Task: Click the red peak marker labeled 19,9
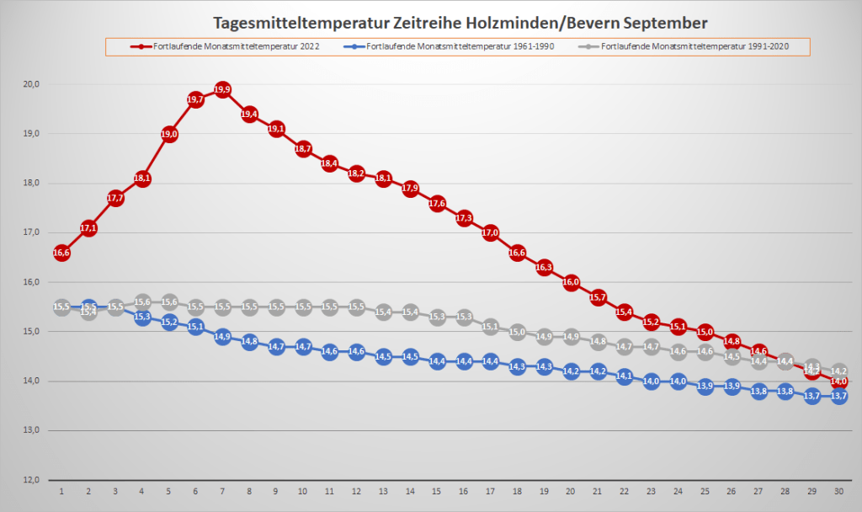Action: click(x=222, y=89)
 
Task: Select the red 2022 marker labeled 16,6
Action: click(x=61, y=253)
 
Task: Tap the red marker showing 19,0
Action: click(x=169, y=134)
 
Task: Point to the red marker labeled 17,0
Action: click(x=491, y=232)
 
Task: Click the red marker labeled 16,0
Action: click(x=571, y=282)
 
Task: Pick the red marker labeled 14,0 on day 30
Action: click(x=839, y=381)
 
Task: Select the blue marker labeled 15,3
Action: click(x=142, y=317)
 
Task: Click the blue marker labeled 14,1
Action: click(x=625, y=376)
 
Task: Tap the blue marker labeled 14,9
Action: click(x=222, y=337)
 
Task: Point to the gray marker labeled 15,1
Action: click(x=491, y=327)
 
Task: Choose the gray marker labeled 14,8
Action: click(x=598, y=342)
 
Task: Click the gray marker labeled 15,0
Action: click(x=518, y=332)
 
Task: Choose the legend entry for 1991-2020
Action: click(x=695, y=46)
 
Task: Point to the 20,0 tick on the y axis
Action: click(x=31, y=84)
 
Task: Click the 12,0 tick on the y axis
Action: click(x=31, y=480)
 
